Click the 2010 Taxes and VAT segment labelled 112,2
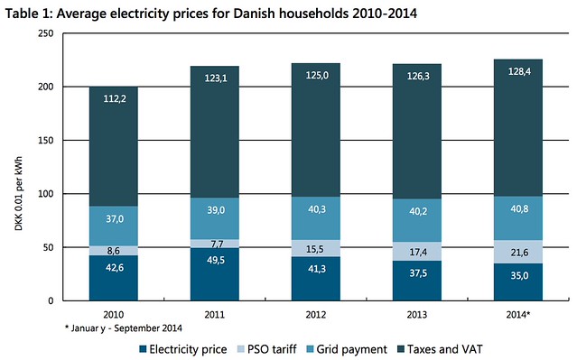click(x=114, y=146)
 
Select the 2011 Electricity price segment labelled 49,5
click(x=215, y=274)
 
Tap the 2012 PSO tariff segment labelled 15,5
click(x=316, y=249)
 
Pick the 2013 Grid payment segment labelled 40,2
click(x=417, y=220)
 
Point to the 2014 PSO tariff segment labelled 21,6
click(x=518, y=252)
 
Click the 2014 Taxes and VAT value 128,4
click(x=519, y=71)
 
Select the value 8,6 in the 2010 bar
click(x=114, y=251)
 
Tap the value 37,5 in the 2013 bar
click(x=418, y=273)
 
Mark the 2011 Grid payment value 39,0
click(x=216, y=210)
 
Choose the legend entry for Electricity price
click(x=183, y=349)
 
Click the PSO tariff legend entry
click(x=267, y=349)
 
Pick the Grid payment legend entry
click(x=347, y=349)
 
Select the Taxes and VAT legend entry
click(x=440, y=349)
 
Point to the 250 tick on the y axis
click(x=46, y=33)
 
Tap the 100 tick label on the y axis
click(x=46, y=194)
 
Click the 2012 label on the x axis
click(x=316, y=315)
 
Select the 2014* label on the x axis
click(x=518, y=315)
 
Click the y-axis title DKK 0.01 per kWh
click(x=19, y=194)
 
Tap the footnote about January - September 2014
click(x=124, y=328)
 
